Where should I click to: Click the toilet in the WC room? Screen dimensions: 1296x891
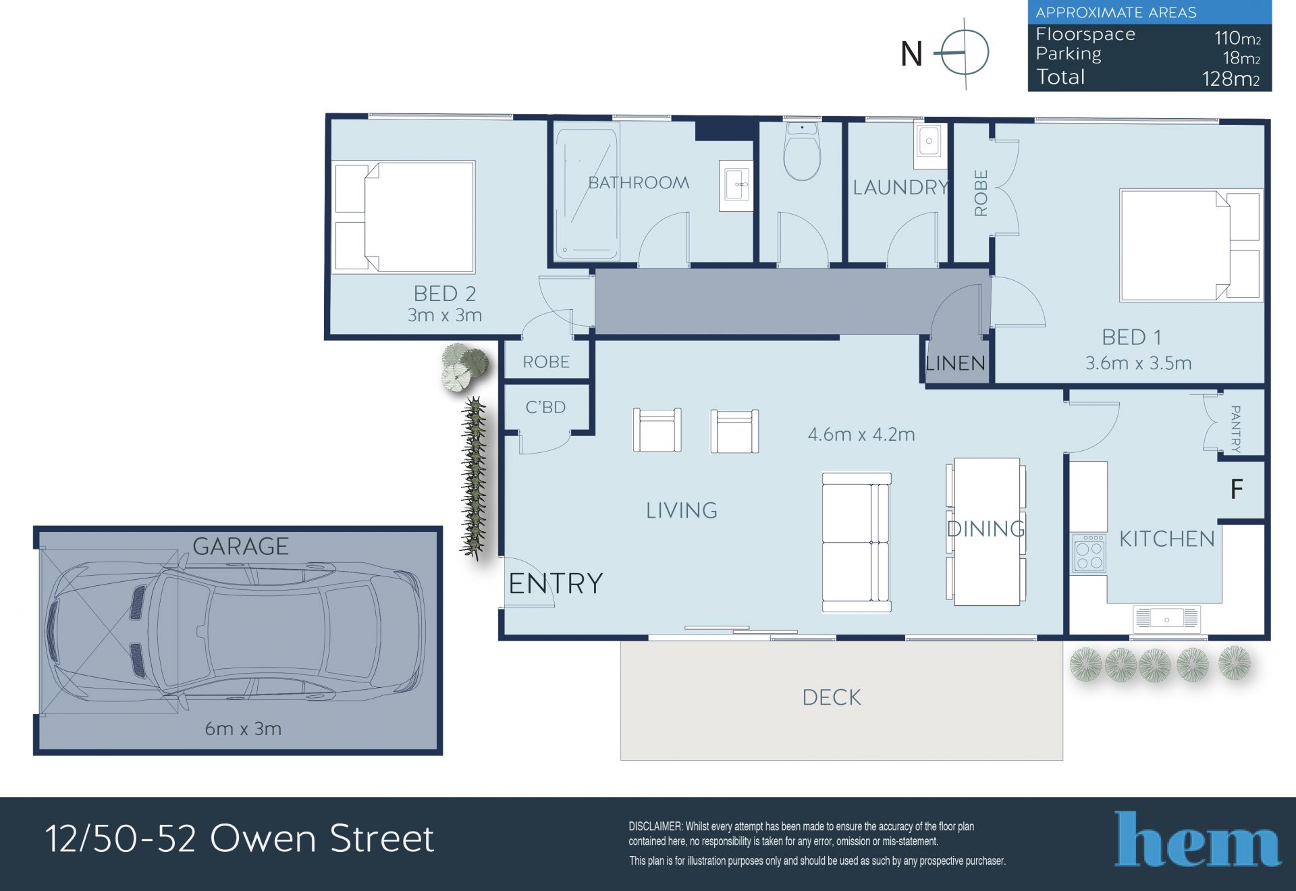(x=802, y=152)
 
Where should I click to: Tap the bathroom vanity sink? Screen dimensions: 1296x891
(x=736, y=185)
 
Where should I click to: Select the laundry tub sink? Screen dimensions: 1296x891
(x=929, y=145)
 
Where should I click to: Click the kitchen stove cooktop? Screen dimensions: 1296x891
(x=1089, y=553)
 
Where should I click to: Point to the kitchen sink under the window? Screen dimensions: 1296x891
(x=1166, y=618)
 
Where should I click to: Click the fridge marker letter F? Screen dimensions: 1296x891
(x=1237, y=489)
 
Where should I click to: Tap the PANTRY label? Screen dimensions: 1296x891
(x=1236, y=429)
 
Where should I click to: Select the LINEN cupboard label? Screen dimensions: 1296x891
(x=955, y=363)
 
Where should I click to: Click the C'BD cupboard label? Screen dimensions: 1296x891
(x=545, y=407)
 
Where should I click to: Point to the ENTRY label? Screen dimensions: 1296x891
(x=556, y=583)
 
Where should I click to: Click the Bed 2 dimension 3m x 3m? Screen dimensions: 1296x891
(x=445, y=315)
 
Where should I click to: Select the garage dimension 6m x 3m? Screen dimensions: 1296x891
(x=243, y=729)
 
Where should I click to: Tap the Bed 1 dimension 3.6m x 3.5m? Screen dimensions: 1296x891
(x=1139, y=363)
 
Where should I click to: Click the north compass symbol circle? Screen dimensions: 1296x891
(x=965, y=53)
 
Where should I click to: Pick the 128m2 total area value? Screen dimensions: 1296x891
(x=1231, y=79)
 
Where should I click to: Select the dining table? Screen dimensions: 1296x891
(x=986, y=531)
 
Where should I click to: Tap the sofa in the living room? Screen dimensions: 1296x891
(x=857, y=543)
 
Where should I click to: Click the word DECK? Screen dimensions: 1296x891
(x=832, y=697)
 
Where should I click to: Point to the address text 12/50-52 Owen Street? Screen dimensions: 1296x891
(x=240, y=838)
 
